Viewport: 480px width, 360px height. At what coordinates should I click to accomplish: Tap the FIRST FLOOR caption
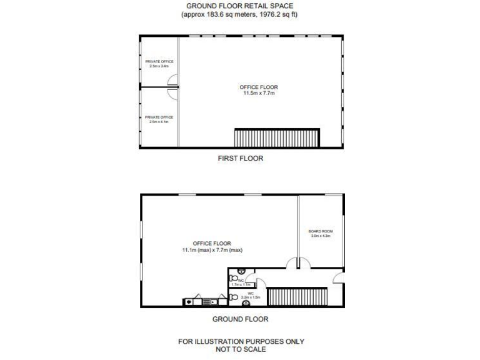[x=240, y=158]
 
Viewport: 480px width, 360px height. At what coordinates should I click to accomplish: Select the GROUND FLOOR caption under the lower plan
[x=240, y=319]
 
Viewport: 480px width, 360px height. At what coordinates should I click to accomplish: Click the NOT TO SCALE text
[x=241, y=349]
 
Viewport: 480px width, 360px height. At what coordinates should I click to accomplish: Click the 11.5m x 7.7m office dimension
[x=259, y=93]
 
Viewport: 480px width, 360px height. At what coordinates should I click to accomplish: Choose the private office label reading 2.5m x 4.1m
[x=159, y=122]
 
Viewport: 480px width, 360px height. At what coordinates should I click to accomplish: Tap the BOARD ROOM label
[x=320, y=231]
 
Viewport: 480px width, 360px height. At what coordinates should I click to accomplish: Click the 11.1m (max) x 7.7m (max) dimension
[x=212, y=250]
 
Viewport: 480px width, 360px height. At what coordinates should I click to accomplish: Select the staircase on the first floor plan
[x=276, y=137]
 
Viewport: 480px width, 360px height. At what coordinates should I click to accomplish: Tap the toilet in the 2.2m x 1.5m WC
[x=234, y=297]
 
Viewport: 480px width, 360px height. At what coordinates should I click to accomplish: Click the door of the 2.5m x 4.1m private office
[x=172, y=93]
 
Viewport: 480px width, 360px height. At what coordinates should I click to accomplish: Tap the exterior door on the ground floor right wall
[x=338, y=277]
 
